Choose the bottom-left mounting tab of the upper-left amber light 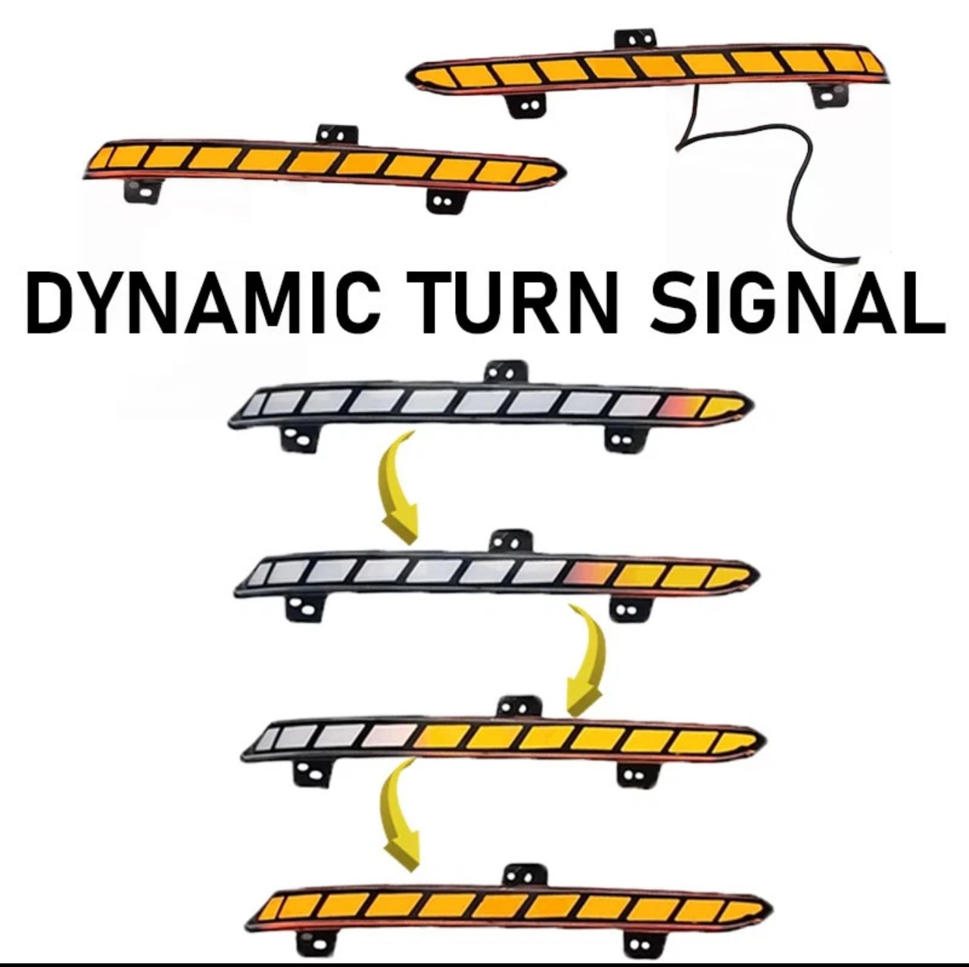click(x=143, y=190)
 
